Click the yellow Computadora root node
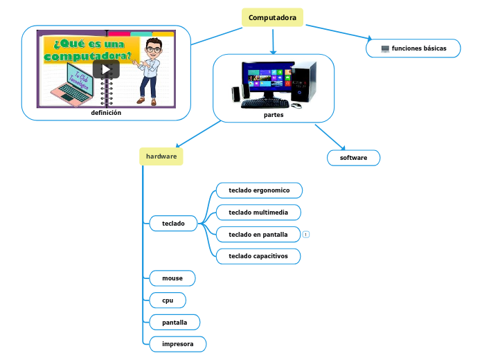tap(272, 17)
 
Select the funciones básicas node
tap(413, 48)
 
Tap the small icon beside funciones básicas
tap(385, 48)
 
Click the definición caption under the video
tap(106, 112)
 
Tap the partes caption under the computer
tap(274, 115)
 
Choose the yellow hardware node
tap(161, 156)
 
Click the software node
tap(353, 158)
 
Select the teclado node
tap(173, 223)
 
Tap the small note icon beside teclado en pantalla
tap(305, 235)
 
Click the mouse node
tap(172, 278)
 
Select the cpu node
tap(168, 300)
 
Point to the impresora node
tap(177, 344)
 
